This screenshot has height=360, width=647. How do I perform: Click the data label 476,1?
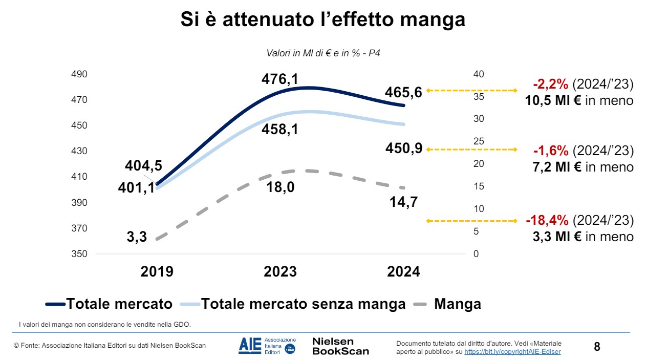pos(279,79)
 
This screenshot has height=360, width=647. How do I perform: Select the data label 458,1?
pos(279,130)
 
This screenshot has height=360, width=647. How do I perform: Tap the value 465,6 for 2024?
pos(403,92)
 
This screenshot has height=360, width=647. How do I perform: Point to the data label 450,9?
pos(403,149)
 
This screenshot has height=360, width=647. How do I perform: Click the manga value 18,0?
pos(280,187)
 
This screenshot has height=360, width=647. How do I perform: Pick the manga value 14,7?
pos(403,202)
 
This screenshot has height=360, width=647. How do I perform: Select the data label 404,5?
pos(143,165)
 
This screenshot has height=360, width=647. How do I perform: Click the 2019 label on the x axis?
pos(157,271)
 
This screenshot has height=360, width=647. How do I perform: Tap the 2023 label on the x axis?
pos(280,271)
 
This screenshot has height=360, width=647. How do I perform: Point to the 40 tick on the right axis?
pos(479,74)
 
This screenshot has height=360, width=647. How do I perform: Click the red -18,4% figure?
pos(547,221)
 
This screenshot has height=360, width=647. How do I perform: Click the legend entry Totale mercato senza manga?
pos(303,304)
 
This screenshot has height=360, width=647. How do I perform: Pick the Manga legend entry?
pos(457,304)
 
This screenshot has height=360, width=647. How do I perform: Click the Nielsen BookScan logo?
pos(340,346)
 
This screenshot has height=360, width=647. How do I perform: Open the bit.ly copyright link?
pos(512,352)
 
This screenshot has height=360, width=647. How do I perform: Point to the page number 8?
pos(597,347)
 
